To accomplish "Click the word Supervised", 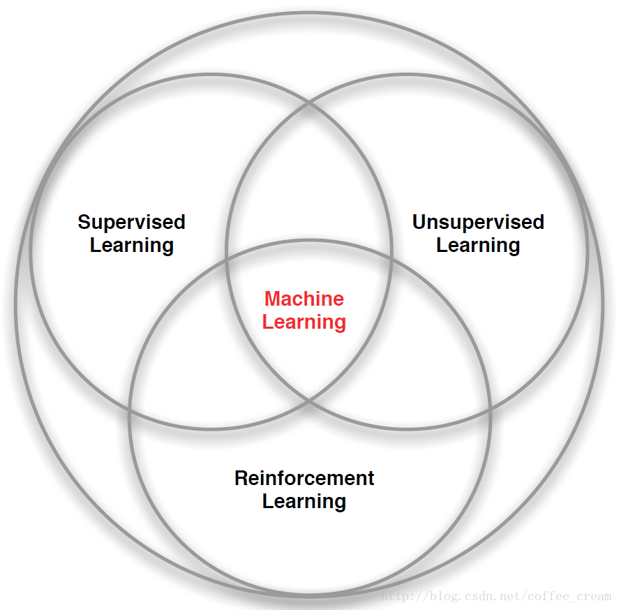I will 131,222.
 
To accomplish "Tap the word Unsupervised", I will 478,222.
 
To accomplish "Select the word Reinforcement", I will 304,478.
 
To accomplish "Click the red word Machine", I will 304,299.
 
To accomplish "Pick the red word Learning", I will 304,322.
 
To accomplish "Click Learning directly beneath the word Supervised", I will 132,245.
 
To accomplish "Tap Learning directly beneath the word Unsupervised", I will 478,245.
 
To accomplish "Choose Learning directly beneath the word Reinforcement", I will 304,501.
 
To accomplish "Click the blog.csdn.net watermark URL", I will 496,597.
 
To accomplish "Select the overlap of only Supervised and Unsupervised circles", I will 309,181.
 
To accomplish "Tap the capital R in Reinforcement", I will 241,478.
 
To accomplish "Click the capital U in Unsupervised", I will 419,222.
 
